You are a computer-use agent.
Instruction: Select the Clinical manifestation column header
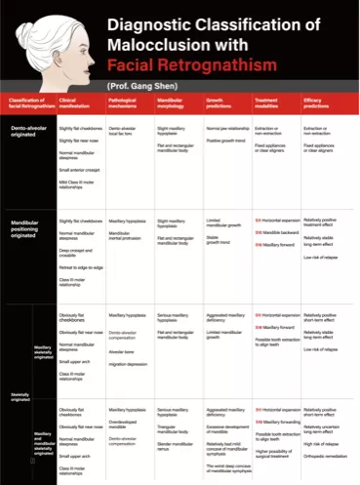[76, 103]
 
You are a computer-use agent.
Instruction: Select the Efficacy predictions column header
[321, 103]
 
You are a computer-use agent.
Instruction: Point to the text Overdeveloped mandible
[124, 425]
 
